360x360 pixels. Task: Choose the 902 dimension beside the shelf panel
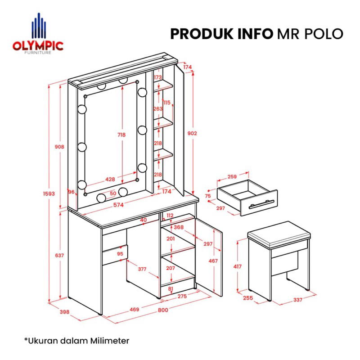[192, 133]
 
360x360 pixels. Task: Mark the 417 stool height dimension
[238, 266]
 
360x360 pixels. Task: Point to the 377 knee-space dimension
[142, 269]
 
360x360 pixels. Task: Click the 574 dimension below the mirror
[118, 205]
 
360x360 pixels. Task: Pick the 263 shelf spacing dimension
[158, 109]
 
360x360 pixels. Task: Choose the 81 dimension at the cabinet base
[171, 288]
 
